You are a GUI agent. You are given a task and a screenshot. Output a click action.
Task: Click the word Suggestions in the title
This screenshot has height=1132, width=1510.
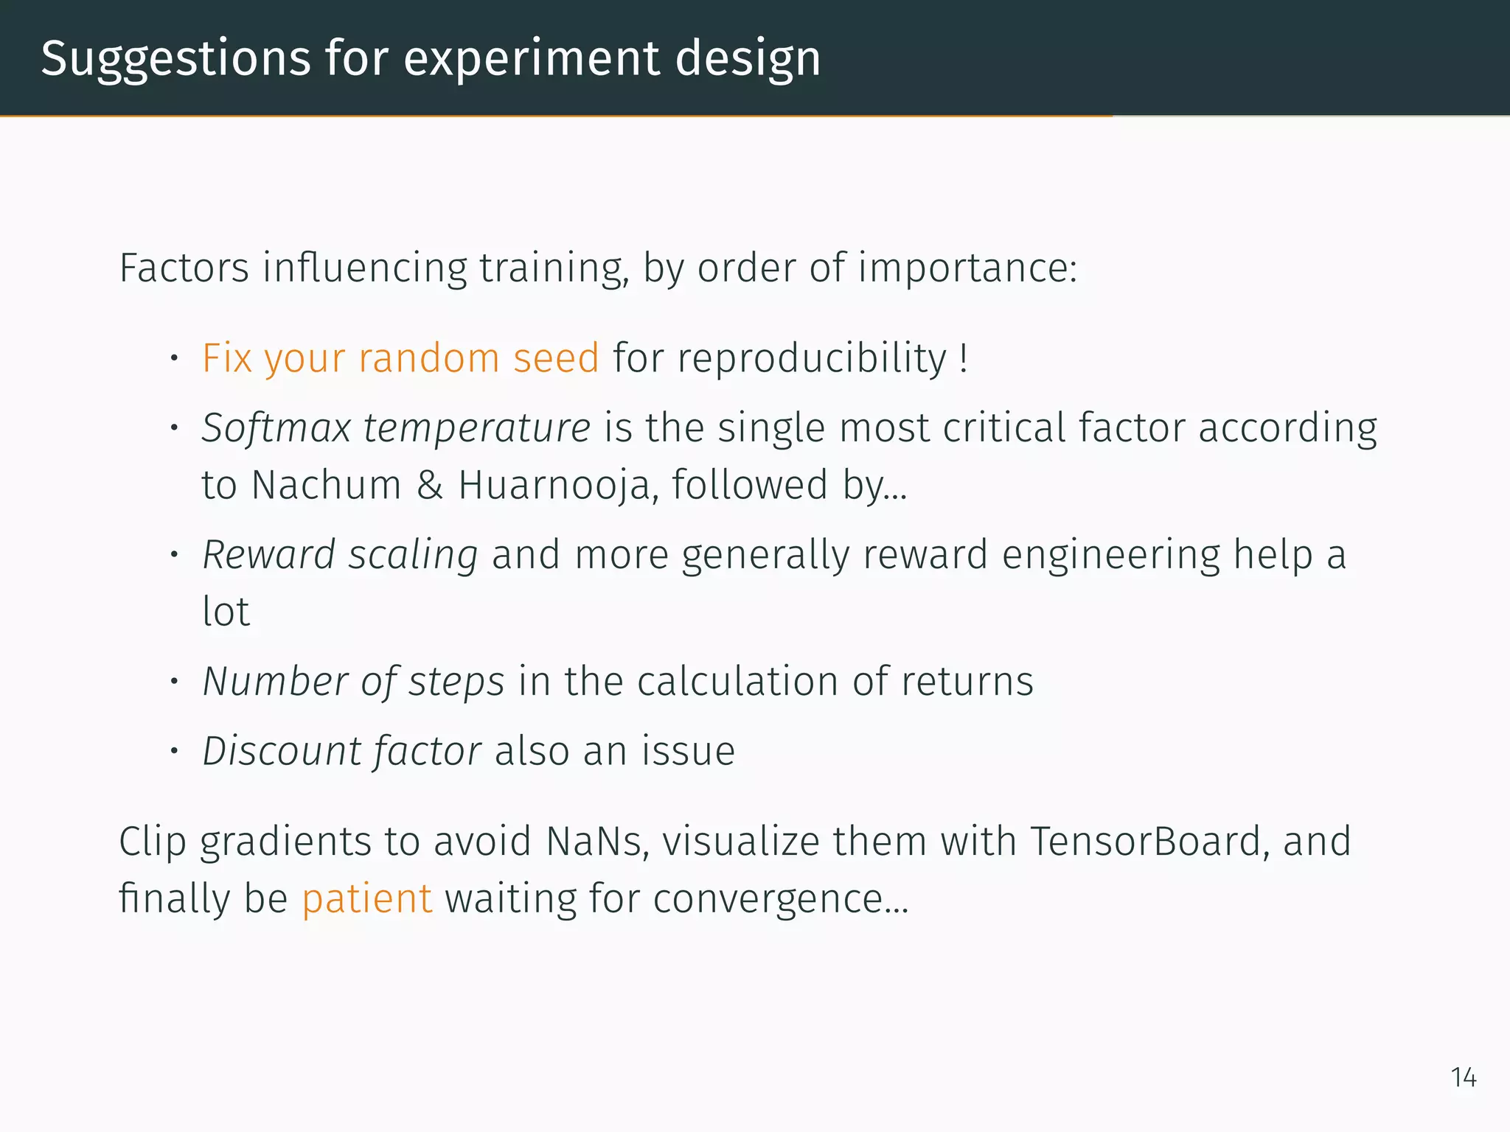click(175, 59)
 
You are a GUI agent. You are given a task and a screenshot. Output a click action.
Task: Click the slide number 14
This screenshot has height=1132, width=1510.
click(1463, 1077)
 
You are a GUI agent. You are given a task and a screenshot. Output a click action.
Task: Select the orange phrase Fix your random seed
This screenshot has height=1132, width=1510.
click(400, 359)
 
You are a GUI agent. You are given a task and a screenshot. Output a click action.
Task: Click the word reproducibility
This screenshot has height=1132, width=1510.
click(811, 359)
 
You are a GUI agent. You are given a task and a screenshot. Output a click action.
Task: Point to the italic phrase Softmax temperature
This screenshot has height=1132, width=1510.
click(396, 428)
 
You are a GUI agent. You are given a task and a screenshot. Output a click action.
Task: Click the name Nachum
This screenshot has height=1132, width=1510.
click(326, 486)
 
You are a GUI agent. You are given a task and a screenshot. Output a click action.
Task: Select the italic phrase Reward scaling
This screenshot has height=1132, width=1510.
click(340, 555)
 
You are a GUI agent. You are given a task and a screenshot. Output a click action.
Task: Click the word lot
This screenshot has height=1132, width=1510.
click(226, 612)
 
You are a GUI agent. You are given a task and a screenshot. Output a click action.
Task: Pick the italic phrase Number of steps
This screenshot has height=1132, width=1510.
click(353, 682)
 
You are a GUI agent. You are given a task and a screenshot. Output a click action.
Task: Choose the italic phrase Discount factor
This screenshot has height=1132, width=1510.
click(342, 752)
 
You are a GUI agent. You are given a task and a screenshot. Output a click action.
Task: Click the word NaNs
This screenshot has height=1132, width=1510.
click(597, 842)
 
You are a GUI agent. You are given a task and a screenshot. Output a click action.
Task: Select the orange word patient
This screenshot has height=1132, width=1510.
click(366, 899)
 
